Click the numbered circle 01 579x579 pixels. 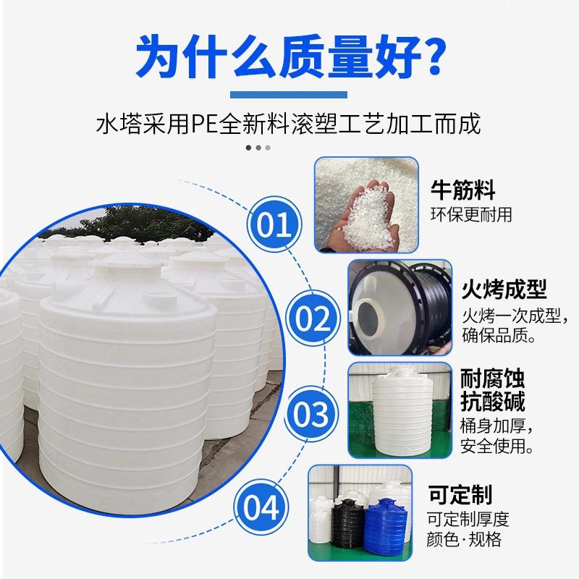(x=274, y=224)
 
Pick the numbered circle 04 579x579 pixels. (x=262, y=507)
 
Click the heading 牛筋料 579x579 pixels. (x=463, y=191)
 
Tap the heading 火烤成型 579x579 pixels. (x=504, y=290)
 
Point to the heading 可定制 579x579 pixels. (x=460, y=495)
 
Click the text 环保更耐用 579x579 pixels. (x=472, y=214)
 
